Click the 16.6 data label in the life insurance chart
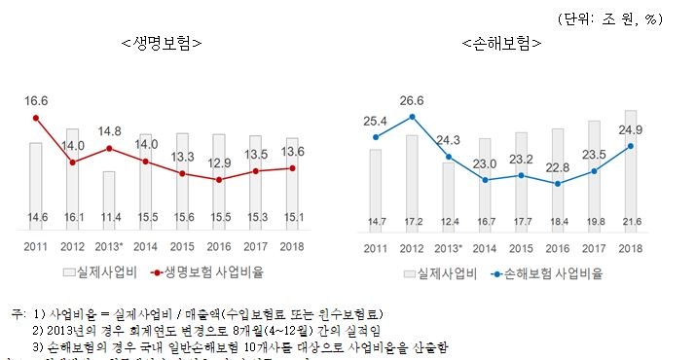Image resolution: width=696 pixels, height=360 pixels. click(36, 101)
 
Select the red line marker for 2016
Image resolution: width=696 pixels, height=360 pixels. click(218, 180)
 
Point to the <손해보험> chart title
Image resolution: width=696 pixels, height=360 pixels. click(502, 43)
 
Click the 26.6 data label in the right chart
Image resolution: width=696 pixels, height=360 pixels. click(412, 100)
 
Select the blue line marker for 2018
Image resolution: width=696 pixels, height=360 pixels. click(630, 147)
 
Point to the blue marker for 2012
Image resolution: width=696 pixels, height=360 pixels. click(412, 117)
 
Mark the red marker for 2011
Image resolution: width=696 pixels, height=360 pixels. click(36, 118)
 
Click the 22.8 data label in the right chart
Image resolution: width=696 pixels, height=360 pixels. click(556, 166)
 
